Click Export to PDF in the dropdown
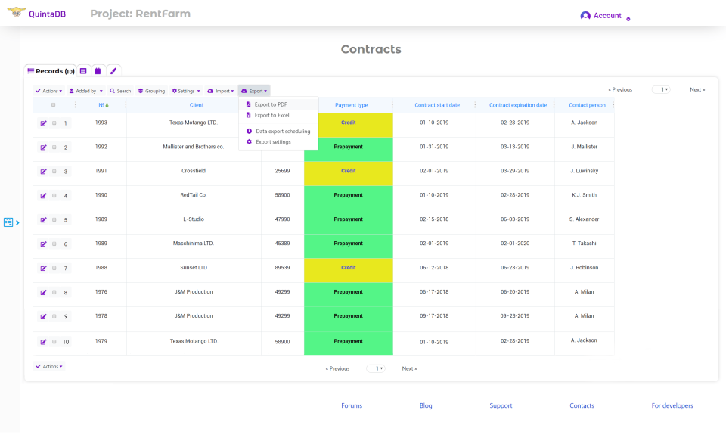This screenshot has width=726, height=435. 271,104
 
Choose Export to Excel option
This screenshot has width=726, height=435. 271,115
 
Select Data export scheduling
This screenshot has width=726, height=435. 282,131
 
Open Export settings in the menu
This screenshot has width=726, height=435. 273,141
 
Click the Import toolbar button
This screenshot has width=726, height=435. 221,91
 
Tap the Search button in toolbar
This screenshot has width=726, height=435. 120,91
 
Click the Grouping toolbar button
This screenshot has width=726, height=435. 151,91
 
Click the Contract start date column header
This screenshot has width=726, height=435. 437,105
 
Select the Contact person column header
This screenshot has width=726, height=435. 587,105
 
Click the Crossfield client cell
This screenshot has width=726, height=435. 194,171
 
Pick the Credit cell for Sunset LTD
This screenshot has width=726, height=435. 348,268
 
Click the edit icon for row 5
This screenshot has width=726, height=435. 43,220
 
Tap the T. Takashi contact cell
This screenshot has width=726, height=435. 584,244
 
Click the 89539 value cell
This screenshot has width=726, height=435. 282,268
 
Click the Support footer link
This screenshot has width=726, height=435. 501,406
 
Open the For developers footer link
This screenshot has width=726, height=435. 672,406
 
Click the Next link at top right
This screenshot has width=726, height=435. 697,89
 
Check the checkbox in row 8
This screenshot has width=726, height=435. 54,293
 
